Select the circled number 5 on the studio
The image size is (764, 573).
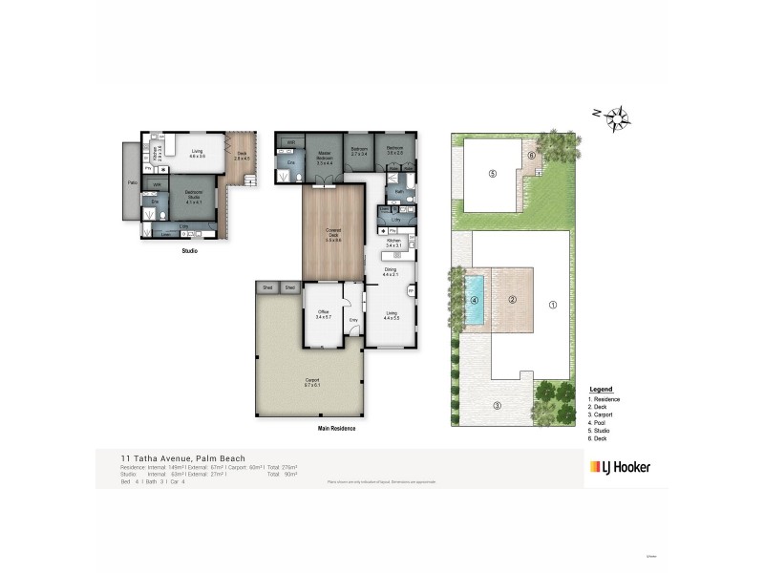click(x=493, y=174)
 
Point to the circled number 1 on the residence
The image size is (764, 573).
click(x=551, y=306)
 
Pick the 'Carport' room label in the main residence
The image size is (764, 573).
click(x=311, y=381)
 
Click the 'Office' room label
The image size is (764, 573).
click(x=323, y=314)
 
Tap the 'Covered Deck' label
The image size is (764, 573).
click(x=333, y=236)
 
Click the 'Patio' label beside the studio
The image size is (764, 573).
click(x=131, y=181)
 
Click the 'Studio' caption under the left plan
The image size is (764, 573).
click(x=189, y=252)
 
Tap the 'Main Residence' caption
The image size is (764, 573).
click(x=336, y=428)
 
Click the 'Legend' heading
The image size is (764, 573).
click(x=601, y=391)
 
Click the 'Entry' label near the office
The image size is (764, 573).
click(x=353, y=319)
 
